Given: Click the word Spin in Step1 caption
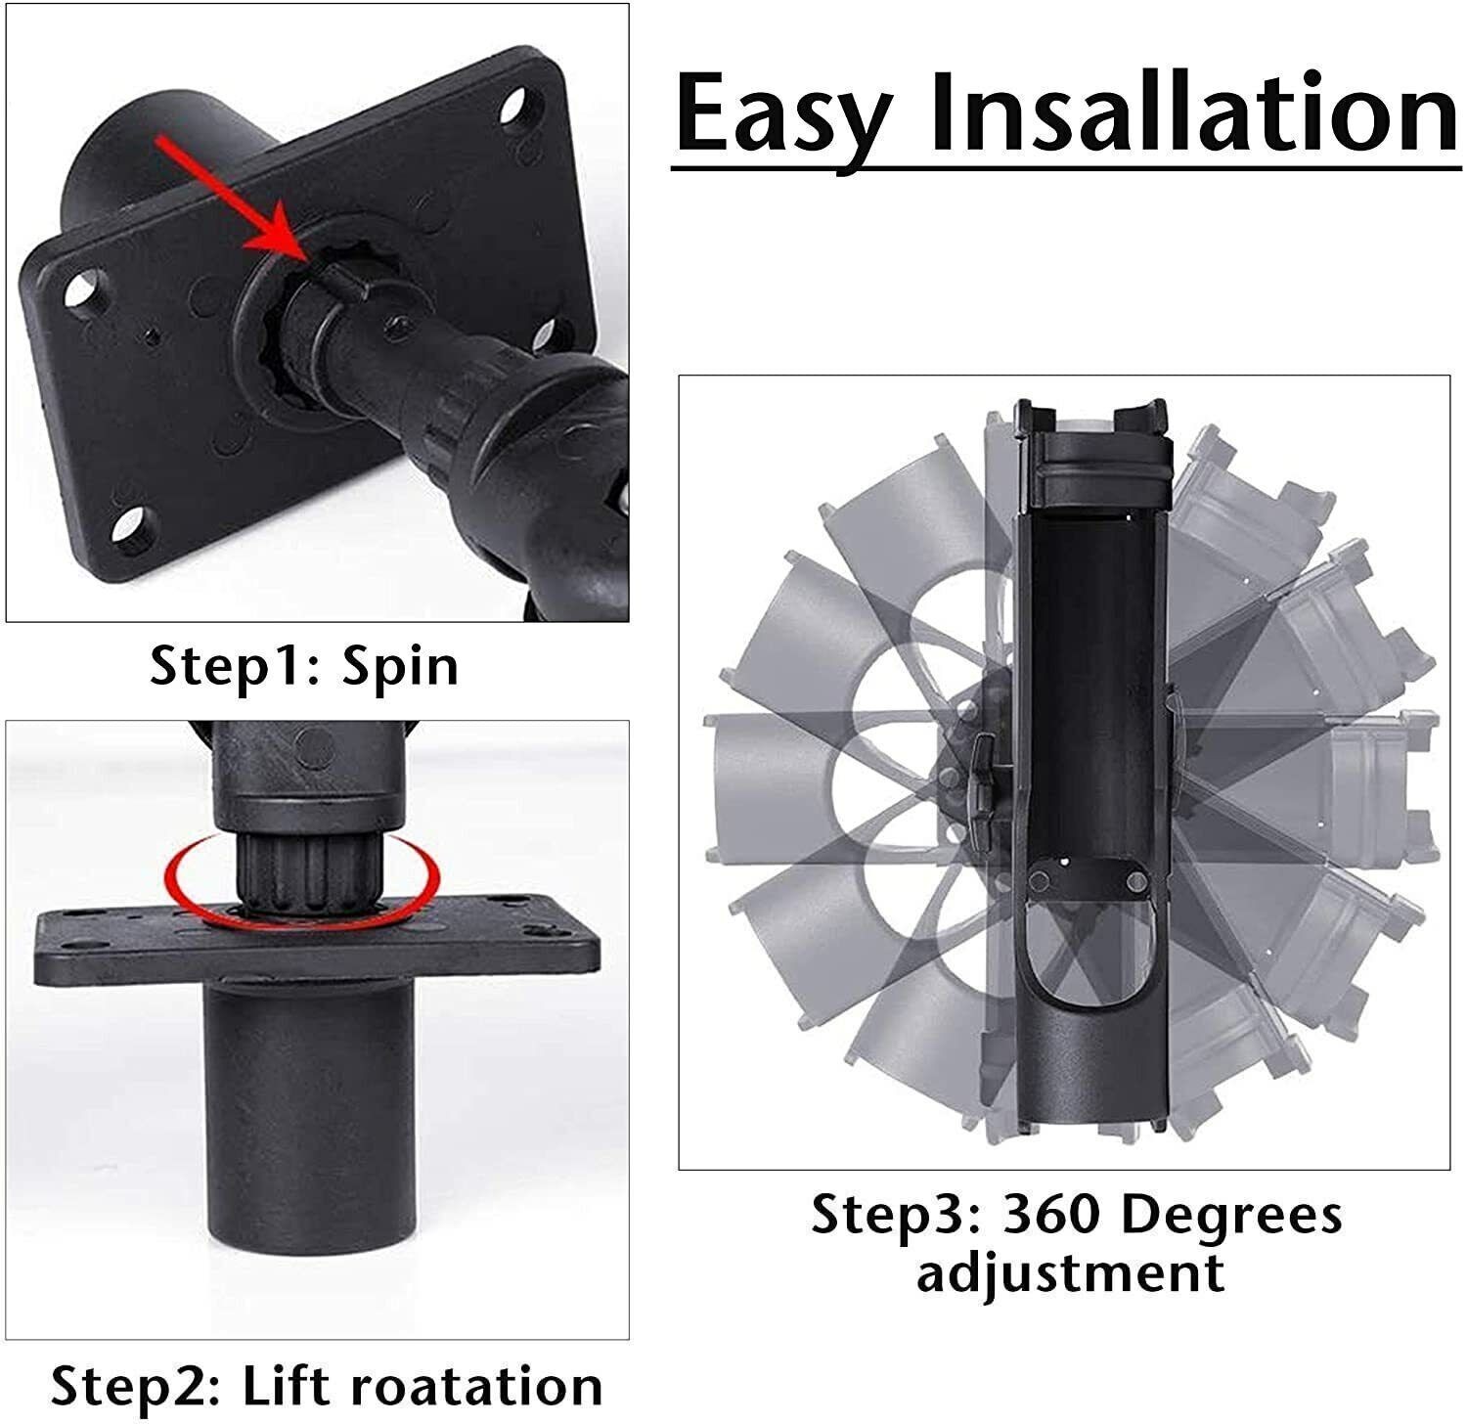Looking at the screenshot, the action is coord(400,668).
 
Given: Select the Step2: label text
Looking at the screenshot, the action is coord(137,1387).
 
